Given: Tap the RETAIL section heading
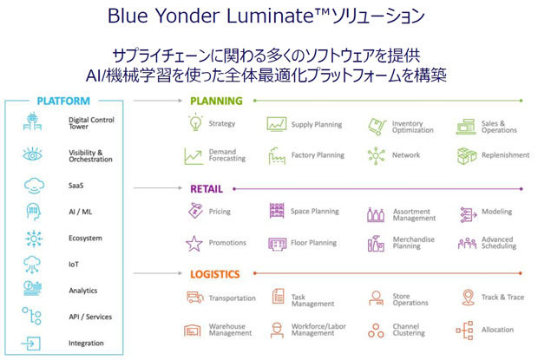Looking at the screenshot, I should click(207, 187).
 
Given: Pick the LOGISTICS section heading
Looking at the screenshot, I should click(215, 274).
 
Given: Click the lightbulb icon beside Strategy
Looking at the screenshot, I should click(194, 124).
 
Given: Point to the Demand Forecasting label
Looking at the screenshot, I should click(227, 155).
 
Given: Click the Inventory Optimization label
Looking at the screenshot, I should click(412, 128).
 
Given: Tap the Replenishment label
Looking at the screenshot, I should click(504, 155).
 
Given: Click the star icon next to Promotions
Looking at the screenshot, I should click(194, 243).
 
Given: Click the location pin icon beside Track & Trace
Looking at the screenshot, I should click(466, 298).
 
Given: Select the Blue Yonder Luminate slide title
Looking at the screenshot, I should click(268, 16).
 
